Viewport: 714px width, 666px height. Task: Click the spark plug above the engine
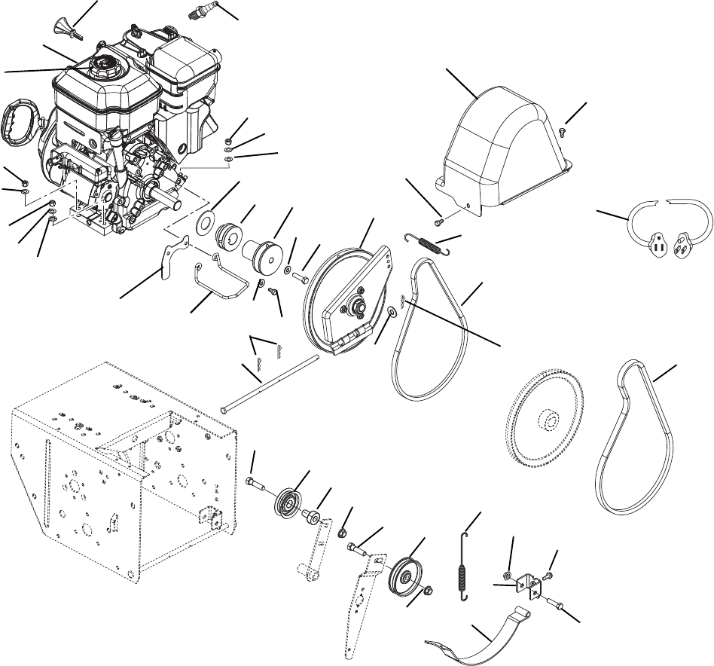pyautogui.click(x=203, y=11)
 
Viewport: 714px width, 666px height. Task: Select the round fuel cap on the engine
pyautogui.click(x=103, y=66)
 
